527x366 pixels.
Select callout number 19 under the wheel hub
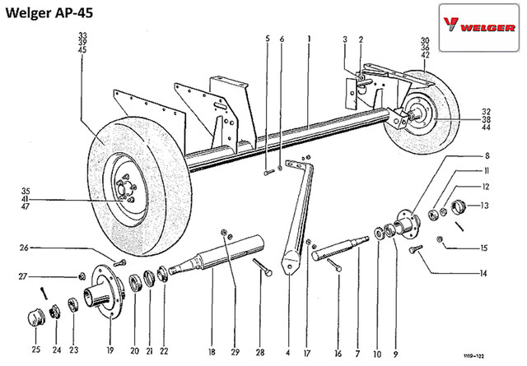coord(107,352)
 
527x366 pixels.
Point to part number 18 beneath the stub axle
coord(212,352)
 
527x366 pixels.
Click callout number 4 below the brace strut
coord(288,352)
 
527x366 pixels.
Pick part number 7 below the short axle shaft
coord(357,352)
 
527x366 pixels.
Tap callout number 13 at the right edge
coord(486,206)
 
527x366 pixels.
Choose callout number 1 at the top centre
coord(307,39)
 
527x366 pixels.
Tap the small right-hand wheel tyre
coord(425,115)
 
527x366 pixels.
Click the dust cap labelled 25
coord(36,316)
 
